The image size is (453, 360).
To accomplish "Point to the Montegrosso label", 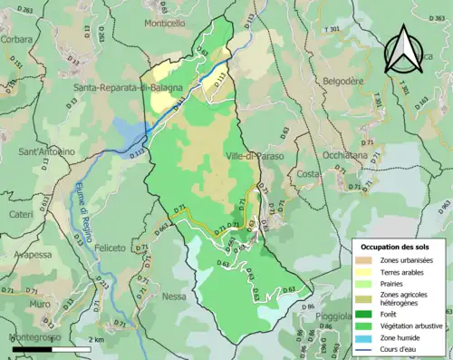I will coord(34,337).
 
